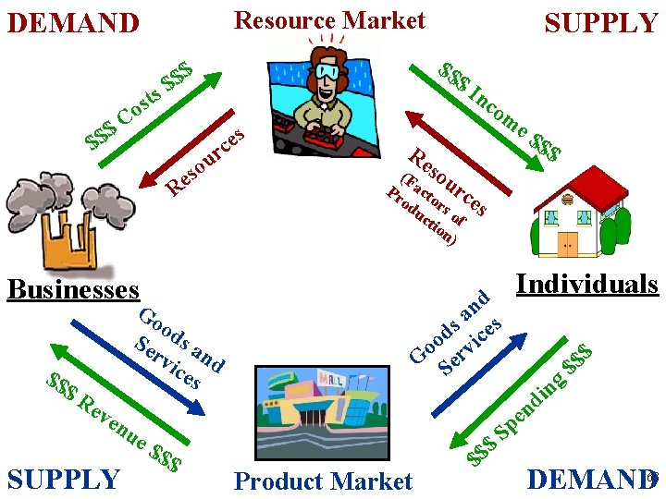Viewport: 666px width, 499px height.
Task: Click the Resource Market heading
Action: click(329, 20)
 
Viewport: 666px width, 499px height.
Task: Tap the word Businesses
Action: click(72, 289)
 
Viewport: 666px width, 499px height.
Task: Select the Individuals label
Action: click(586, 284)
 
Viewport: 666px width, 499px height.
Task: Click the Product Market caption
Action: click(323, 481)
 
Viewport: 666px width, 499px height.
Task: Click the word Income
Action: click(498, 111)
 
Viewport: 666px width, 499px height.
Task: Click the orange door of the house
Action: click(567, 244)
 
